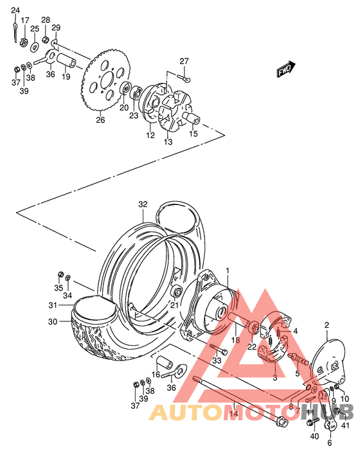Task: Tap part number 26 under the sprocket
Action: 100,120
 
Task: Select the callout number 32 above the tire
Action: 143,205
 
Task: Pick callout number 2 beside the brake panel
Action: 327,326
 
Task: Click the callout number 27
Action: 184,62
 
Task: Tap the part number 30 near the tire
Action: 53,321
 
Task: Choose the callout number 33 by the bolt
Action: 217,360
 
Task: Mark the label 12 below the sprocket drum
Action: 150,135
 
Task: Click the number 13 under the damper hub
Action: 168,141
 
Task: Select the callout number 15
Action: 193,134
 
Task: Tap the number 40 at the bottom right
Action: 314,437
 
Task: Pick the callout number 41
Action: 346,425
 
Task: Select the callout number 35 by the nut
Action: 59,289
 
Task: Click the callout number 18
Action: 236,340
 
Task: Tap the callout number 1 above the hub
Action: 226,271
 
